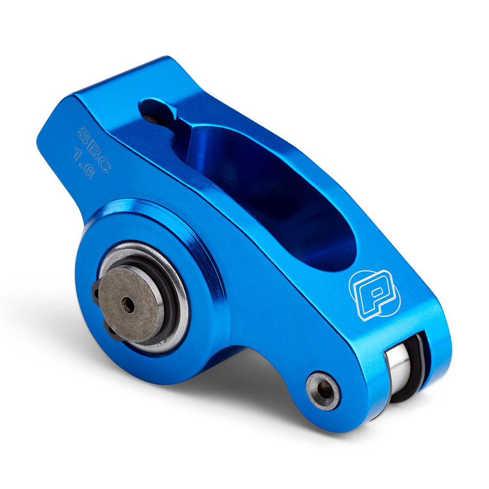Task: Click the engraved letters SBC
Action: (x=94, y=149)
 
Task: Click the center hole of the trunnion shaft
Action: (x=128, y=304)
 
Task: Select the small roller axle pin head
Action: (x=323, y=391)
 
